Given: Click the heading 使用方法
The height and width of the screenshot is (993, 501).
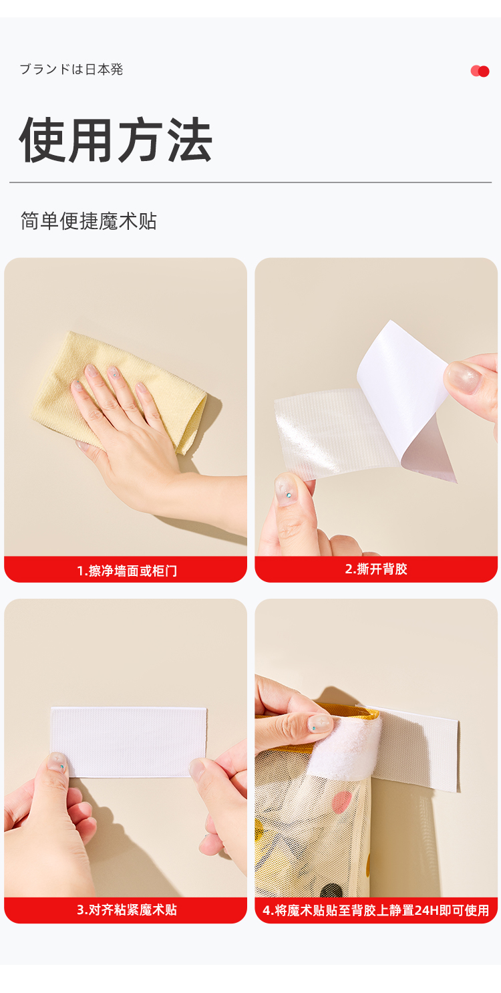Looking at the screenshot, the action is click(x=116, y=140).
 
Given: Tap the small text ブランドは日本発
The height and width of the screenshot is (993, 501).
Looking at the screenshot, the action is click(x=71, y=69).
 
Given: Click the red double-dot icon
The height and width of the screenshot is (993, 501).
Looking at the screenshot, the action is click(x=480, y=71).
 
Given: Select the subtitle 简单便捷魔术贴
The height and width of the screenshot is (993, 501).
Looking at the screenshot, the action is click(x=89, y=221).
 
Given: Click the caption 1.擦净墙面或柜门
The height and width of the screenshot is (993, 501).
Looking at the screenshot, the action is click(x=127, y=571).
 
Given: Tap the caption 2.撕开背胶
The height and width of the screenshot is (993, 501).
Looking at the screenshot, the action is click(x=376, y=569).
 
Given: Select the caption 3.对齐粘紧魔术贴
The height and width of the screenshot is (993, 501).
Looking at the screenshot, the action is click(x=127, y=909).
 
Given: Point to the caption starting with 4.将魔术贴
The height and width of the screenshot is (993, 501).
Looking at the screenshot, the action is click(x=375, y=910).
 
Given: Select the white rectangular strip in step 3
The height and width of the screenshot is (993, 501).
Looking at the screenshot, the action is click(x=128, y=741).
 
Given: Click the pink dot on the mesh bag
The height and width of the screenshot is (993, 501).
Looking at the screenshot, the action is click(x=341, y=803).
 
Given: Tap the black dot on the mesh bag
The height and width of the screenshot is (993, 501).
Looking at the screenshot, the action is click(x=331, y=891).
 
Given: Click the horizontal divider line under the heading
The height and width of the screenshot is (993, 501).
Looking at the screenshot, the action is click(x=251, y=182).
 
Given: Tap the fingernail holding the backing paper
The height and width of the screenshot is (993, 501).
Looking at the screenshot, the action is click(x=462, y=377).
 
